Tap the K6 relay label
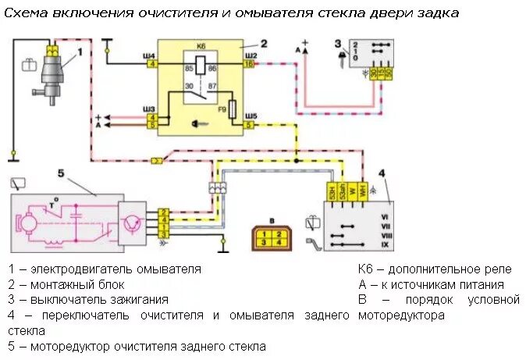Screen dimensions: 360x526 202,48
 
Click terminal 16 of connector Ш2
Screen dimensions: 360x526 248,65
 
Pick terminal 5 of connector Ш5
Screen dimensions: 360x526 248,124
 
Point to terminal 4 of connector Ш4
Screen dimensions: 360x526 151,65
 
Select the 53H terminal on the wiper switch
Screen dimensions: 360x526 331,191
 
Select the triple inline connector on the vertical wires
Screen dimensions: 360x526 216,187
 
